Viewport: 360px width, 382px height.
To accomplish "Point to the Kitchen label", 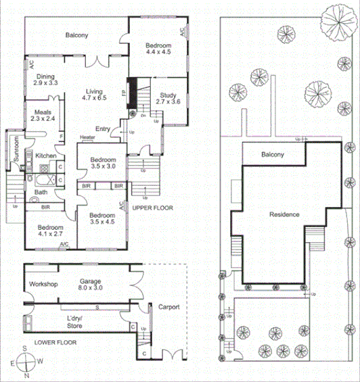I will click(x=45, y=156).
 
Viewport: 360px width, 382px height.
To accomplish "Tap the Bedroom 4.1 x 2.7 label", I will click(x=51, y=231).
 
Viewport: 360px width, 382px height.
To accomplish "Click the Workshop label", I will click(x=42, y=284).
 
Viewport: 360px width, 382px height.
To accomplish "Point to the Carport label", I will click(x=168, y=308).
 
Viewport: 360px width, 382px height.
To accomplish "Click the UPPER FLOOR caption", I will click(x=150, y=208).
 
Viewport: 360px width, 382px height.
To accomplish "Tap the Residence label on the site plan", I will click(x=284, y=214).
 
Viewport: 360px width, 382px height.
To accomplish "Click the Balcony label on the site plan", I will click(x=272, y=155).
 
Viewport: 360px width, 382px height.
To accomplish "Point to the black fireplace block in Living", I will click(x=133, y=89).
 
